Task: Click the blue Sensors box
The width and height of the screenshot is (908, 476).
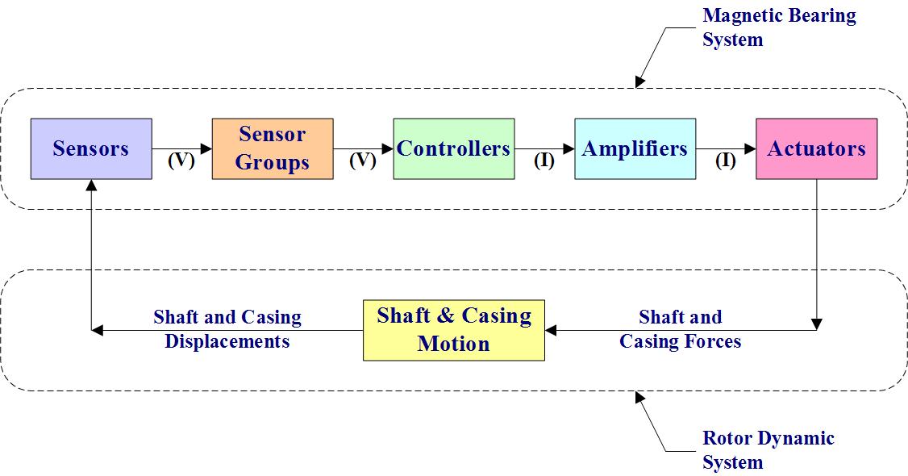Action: [91, 148]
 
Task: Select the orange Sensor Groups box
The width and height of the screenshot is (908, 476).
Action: [273, 148]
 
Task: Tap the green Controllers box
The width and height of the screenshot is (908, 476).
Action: [454, 148]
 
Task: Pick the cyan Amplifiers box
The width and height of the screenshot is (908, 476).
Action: [635, 148]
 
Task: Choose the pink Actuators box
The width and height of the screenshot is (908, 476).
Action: [816, 148]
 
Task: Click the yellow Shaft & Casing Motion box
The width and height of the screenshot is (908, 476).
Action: [454, 329]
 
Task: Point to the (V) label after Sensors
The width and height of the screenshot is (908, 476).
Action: [181, 161]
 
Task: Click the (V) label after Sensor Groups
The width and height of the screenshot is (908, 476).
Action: [363, 161]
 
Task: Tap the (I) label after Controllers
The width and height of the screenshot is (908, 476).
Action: [544, 161]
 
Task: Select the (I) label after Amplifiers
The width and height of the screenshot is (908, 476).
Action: [726, 161]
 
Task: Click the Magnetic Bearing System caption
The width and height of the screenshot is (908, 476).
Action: [778, 27]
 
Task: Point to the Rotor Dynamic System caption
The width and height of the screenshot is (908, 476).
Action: [768, 450]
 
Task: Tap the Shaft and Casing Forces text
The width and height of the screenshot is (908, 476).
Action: [680, 329]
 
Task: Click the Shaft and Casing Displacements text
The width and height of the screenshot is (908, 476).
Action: [227, 329]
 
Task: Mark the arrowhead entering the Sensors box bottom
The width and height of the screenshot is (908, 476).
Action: [91, 184]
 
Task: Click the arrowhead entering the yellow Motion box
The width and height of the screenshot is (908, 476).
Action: [550, 329]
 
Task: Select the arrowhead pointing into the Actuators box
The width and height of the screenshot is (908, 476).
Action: [751, 148]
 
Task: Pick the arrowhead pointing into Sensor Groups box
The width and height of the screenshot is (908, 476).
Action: [207, 148]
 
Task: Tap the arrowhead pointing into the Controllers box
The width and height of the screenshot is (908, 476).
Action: [389, 148]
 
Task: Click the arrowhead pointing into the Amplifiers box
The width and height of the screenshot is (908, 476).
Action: [569, 148]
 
